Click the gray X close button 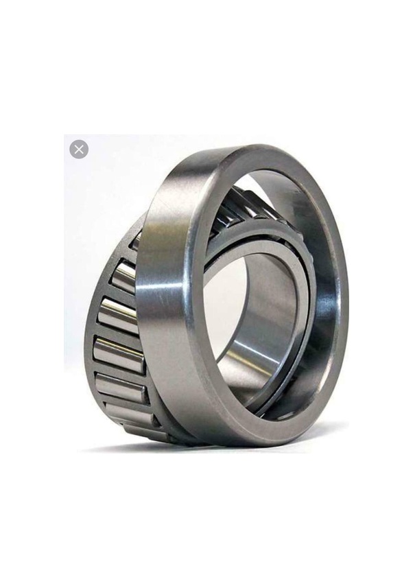[x=79, y=149]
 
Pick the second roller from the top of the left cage [x=124, y=277]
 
